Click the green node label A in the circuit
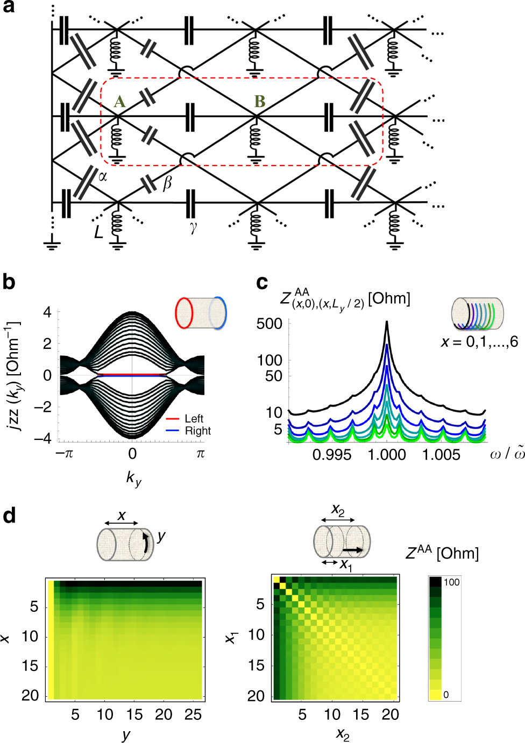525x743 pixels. coord(119,102)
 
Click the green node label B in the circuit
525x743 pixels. coord(260,101)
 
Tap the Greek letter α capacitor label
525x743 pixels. coord(102,175)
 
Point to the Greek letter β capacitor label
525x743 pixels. coord(167,183)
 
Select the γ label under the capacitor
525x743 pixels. coord(193,227)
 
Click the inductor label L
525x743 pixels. coord(98,232)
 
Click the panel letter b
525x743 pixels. coord(9,282)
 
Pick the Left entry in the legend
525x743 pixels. coord(194,418)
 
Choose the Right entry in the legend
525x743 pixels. coord(197,431)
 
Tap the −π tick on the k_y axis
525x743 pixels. coord(65,453)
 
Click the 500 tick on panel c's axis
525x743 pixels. coord(269,324)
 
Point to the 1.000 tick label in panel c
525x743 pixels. coord(387,455)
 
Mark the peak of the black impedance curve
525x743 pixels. coord(387,323)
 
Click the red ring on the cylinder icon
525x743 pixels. coord(183,313)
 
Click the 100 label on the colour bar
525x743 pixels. coord(451,582)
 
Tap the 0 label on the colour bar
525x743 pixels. coord(446,695)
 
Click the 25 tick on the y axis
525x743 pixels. coord(193,715)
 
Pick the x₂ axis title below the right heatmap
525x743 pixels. coord(343,734)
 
